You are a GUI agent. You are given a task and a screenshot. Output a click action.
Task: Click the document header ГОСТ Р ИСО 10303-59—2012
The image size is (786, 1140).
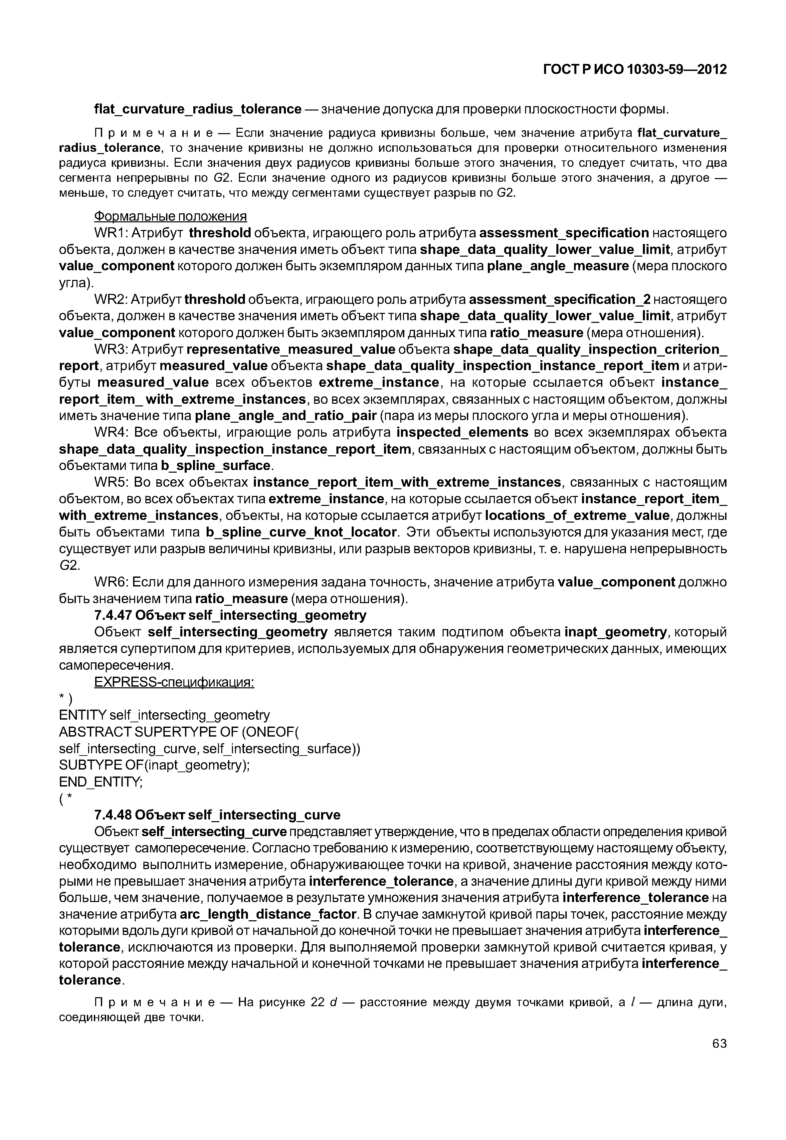[x=635, y=70]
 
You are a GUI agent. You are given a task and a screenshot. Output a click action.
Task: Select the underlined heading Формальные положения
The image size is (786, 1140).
[x=170, y=216]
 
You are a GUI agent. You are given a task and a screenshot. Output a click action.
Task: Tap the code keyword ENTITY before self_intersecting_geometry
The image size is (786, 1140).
[x=82, y=715]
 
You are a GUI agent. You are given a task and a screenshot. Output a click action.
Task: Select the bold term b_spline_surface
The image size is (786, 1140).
[x=216, y=466]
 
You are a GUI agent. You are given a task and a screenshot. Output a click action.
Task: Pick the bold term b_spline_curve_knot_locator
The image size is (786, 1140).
[x=301, y=532]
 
